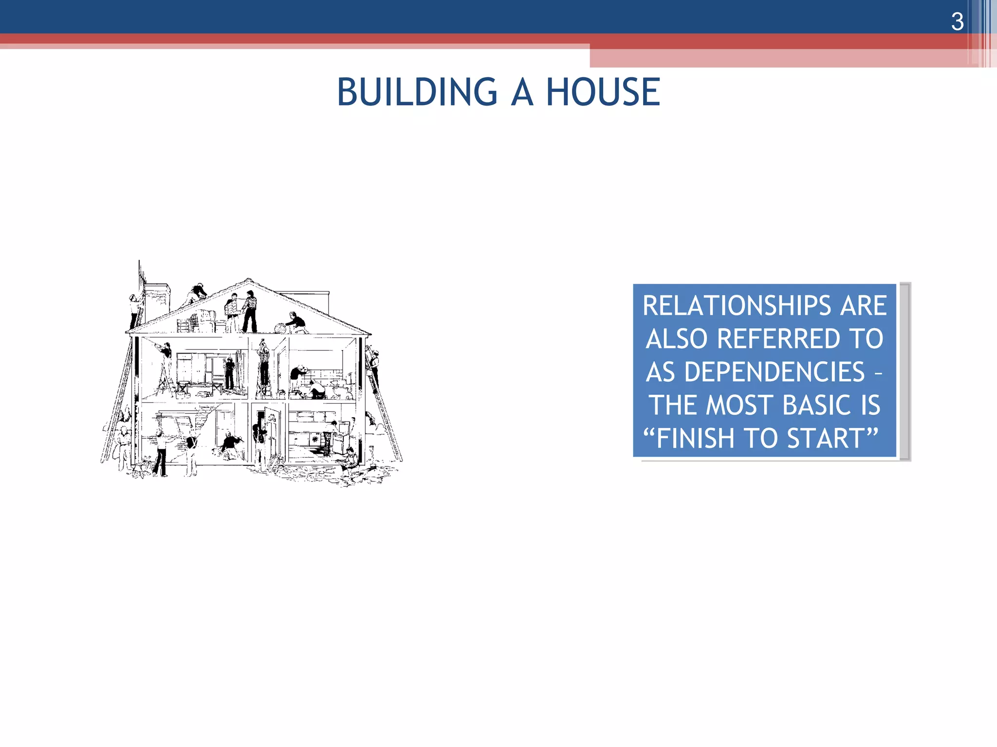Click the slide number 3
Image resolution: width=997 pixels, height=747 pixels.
click(957, 22)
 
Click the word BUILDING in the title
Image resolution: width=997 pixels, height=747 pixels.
click(417, 92)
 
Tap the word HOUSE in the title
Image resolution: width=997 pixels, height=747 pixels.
click(603, 92)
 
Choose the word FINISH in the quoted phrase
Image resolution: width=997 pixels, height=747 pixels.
click(697, 438)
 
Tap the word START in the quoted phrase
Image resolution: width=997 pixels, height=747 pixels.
click(826, 438)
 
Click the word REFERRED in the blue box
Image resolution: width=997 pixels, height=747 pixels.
click(778, 338)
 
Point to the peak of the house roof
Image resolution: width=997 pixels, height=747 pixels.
click(249, 281)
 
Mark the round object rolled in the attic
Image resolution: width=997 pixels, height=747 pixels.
click(280, 328)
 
